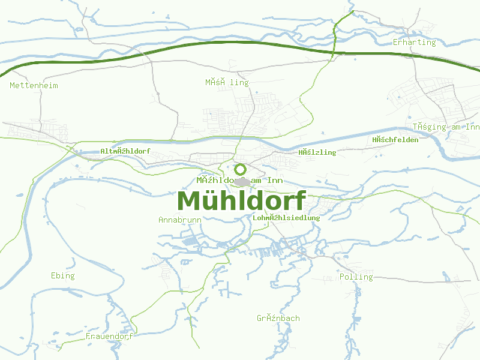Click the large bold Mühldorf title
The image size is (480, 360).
click(241, 200)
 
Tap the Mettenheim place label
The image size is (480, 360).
click(34, 86)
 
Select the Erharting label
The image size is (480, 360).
click(414, 43)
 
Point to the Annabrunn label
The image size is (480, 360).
click(180, 220)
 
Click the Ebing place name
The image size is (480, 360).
click(63, 276)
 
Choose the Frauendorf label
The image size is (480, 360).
click(109, 337)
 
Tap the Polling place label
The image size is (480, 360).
click(356, 277)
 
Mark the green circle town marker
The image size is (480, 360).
click(240, 169)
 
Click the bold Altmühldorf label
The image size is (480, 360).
click(125, 151)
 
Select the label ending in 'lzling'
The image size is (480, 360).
click(317, 152)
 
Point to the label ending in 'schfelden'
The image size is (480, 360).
click(395, 140)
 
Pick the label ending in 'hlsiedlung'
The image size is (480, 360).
click(286, 218)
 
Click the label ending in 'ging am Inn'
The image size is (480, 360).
click(446, 127)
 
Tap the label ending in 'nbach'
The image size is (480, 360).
click(278, 318)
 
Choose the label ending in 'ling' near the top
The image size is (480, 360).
click(227, 82)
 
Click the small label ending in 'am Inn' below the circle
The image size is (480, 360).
click(239, 181)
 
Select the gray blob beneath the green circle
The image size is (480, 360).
click(242, 181)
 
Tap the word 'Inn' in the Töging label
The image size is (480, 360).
click(472, 127)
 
